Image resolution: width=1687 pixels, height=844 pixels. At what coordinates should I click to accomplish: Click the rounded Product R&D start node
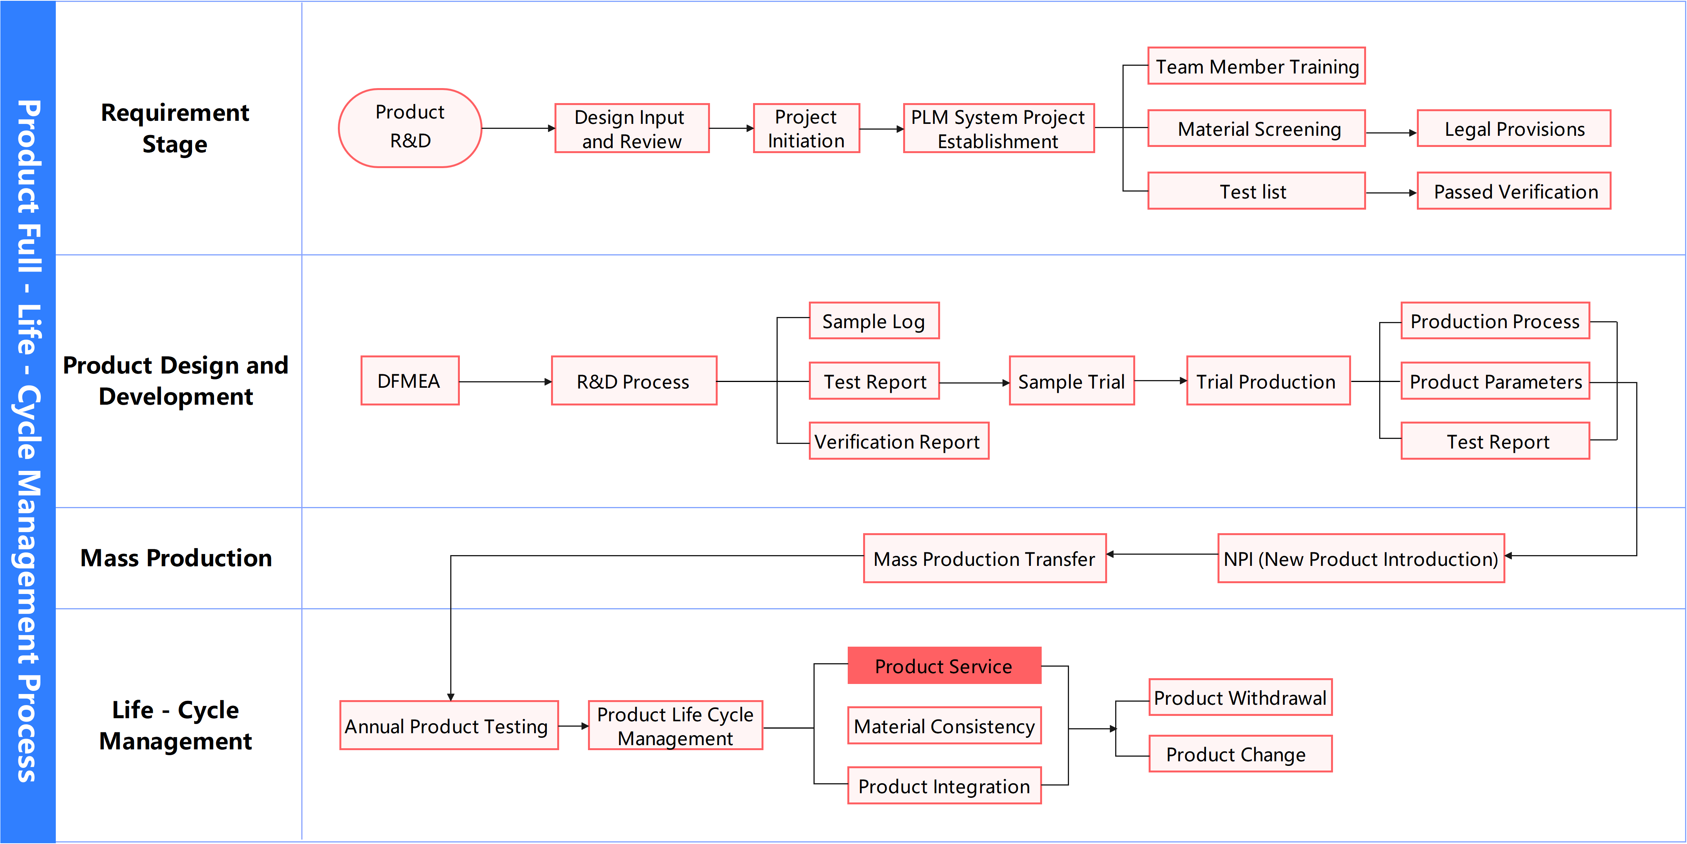pyautogui.click(x=410, y=128)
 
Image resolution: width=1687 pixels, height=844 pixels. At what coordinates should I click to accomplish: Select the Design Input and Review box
pyautogui.click(x=631, y=128)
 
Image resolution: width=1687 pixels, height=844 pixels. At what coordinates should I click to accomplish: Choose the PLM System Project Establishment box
pyautogui.click(x=998, y=128)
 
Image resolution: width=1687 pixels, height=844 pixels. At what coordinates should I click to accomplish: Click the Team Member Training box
pyautogui.click(x=1256, y=66)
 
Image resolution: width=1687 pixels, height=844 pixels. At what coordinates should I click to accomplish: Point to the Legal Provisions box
pyautogui.click(x=1513, y=128)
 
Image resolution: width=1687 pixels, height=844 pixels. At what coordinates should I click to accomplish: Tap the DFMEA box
pyautogui.click(x=409, y=381)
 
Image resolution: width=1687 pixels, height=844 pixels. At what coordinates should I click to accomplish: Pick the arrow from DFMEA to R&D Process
pyautogui.click(x=504, y=382)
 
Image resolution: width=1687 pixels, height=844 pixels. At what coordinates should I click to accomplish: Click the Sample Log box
pyautogui.click(x=874, y=321)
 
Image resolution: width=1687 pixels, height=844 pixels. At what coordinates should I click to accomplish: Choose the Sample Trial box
pyautogui.click(x=1071, y=381)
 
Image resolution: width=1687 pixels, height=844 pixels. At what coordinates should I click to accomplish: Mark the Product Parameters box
pyautogui.click(x=1495, y=381)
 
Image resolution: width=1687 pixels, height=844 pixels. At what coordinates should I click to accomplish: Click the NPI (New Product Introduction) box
pyautogui.click(x=1360, y=559)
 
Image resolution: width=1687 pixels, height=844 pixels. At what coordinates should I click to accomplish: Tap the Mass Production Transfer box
pyautogui.click(x=984, y=559)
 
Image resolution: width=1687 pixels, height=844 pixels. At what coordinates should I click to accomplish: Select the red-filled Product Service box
pyautogui.click(x=944, y=666)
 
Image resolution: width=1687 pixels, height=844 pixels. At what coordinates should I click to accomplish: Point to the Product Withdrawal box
pyautogui.click(x=1240, y=697)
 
